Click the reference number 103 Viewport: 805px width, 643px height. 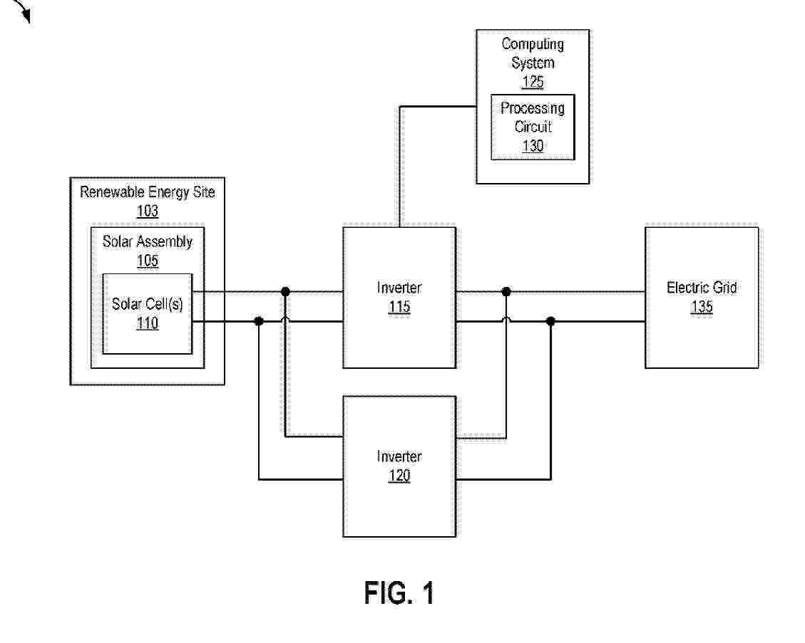(x=148, y=211)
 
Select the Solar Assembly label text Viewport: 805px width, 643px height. (x=147, y=241)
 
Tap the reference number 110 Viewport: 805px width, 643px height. (x=147, y=323)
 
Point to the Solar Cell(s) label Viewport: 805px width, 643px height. (x=147, y=304)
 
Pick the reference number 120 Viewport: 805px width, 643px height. (x=399, y=476)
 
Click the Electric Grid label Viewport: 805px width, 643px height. (x=702, y=288)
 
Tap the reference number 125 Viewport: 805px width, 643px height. (x=533, y=82)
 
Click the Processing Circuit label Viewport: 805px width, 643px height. (x=533, y=117)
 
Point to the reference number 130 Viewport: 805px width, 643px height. (x=533, y=146)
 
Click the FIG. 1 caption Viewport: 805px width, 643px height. (x=399, y=592)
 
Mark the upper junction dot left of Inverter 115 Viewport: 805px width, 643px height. (x=285, y=291)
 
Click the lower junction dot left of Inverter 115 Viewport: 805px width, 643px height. (x=259, y=322)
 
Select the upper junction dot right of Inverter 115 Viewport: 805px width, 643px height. (x=506, y=291)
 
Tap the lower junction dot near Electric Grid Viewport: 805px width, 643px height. (x=550, y=322)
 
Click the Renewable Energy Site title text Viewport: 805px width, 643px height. (x=147, y=192)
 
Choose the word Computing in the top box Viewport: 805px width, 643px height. (x=533, y=44)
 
